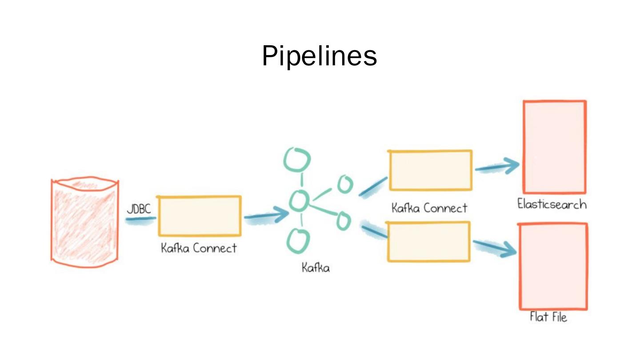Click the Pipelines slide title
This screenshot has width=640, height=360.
click(319, 56)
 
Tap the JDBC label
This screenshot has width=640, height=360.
click(139, 209)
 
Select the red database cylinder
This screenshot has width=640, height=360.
click(85, 223)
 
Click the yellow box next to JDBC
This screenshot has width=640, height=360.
click(200, 216)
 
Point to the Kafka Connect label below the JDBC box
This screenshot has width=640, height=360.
click(199, 248)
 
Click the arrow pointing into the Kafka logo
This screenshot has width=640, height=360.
click(267, 216)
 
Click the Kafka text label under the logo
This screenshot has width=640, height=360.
click(316, 268)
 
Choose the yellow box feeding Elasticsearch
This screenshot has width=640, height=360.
click(430, 171)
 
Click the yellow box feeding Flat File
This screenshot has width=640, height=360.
click(429, 241)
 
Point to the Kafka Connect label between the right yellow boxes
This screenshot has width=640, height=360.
click(429, 208)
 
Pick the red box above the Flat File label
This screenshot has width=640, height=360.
click(554, 266)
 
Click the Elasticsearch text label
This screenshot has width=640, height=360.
click(552, 204)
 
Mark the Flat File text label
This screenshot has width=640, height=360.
click(548, 317)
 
